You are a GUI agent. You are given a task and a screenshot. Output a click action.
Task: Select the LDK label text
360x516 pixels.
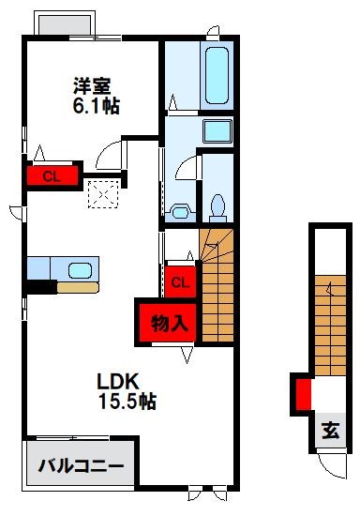pos(119,382)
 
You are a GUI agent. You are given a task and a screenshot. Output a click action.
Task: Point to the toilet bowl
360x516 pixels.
pos(218,204)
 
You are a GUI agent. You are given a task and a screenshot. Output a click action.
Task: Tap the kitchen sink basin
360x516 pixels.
pos(81,270)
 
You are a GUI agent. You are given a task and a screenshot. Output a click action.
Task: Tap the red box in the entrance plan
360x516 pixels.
pos(303,393)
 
